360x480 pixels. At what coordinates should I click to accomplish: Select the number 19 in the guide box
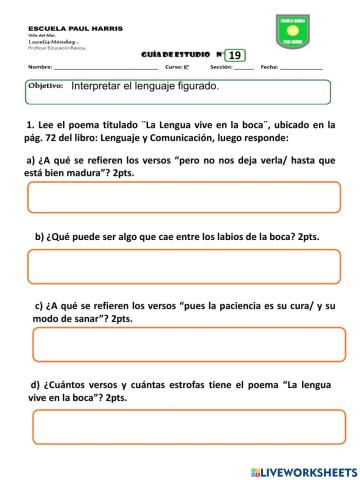click(x=235, y=55)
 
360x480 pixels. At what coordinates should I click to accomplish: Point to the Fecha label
click(x=270, y=68)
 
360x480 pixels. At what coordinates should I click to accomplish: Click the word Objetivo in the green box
click(x=45, y=87)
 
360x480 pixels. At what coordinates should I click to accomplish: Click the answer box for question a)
click(x=181, y=198)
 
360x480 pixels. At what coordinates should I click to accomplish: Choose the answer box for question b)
click(x=181, y=267)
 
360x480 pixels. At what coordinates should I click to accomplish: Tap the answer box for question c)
click(x=181, y=344)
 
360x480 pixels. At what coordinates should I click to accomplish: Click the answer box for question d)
click(x=181, y=427)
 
